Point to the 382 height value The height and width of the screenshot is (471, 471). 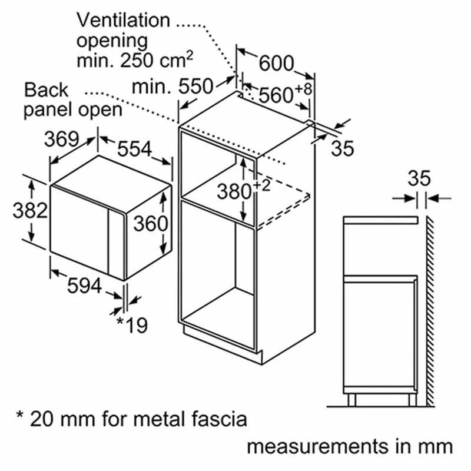point(29,210)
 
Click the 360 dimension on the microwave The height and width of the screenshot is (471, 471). point(150,223)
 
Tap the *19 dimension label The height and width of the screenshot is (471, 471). point(131,324)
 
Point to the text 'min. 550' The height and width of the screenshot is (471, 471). point(171,87)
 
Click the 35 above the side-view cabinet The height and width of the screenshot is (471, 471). point(419,177)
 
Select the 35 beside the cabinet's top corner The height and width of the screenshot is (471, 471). point(342,148)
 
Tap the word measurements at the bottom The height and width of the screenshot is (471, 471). point(312,446)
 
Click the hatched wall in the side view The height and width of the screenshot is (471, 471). point(430,306)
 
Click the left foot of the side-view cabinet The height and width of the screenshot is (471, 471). point(352,400)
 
